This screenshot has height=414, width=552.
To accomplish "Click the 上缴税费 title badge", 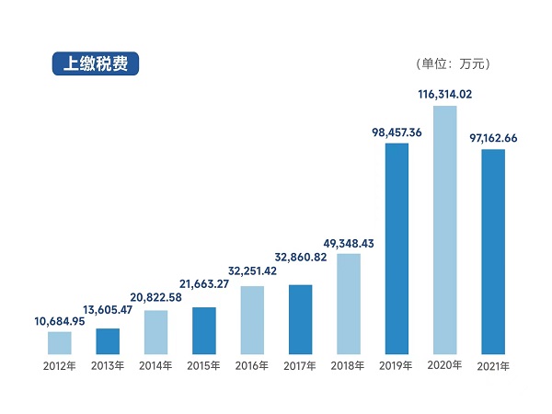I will click(x=95, y=63).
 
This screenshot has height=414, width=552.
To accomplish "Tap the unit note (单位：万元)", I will click(x=454, y=64).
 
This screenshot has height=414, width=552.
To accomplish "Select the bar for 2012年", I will click(x=60, y=343).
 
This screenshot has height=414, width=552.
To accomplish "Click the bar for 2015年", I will click(x=204, y=331).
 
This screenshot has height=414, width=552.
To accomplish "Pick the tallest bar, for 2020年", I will click(x=445, y=230).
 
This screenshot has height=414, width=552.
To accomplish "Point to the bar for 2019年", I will click(x=397, y=248).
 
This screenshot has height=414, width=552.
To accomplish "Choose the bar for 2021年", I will click(x=493, y=251).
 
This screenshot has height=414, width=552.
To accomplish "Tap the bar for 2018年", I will click(x=349, y=304).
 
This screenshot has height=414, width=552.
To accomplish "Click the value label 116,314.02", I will click(x=445, y=94).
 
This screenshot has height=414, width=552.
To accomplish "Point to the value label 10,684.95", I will click(x=60, y=320).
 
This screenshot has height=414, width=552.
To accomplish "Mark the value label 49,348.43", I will click(x=349, y=242).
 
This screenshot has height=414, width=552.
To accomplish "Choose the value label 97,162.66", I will click(x=493, y=138).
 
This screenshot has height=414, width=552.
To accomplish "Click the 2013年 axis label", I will click(x=109, y=366).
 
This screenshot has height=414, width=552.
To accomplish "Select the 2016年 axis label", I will click(x=252, y=366).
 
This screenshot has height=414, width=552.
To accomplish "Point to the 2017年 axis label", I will click(x=300, y=366).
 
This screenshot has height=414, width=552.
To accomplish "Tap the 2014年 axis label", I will click(x=156, y=366).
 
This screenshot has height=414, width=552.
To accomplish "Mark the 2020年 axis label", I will click(x=445, y=366).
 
